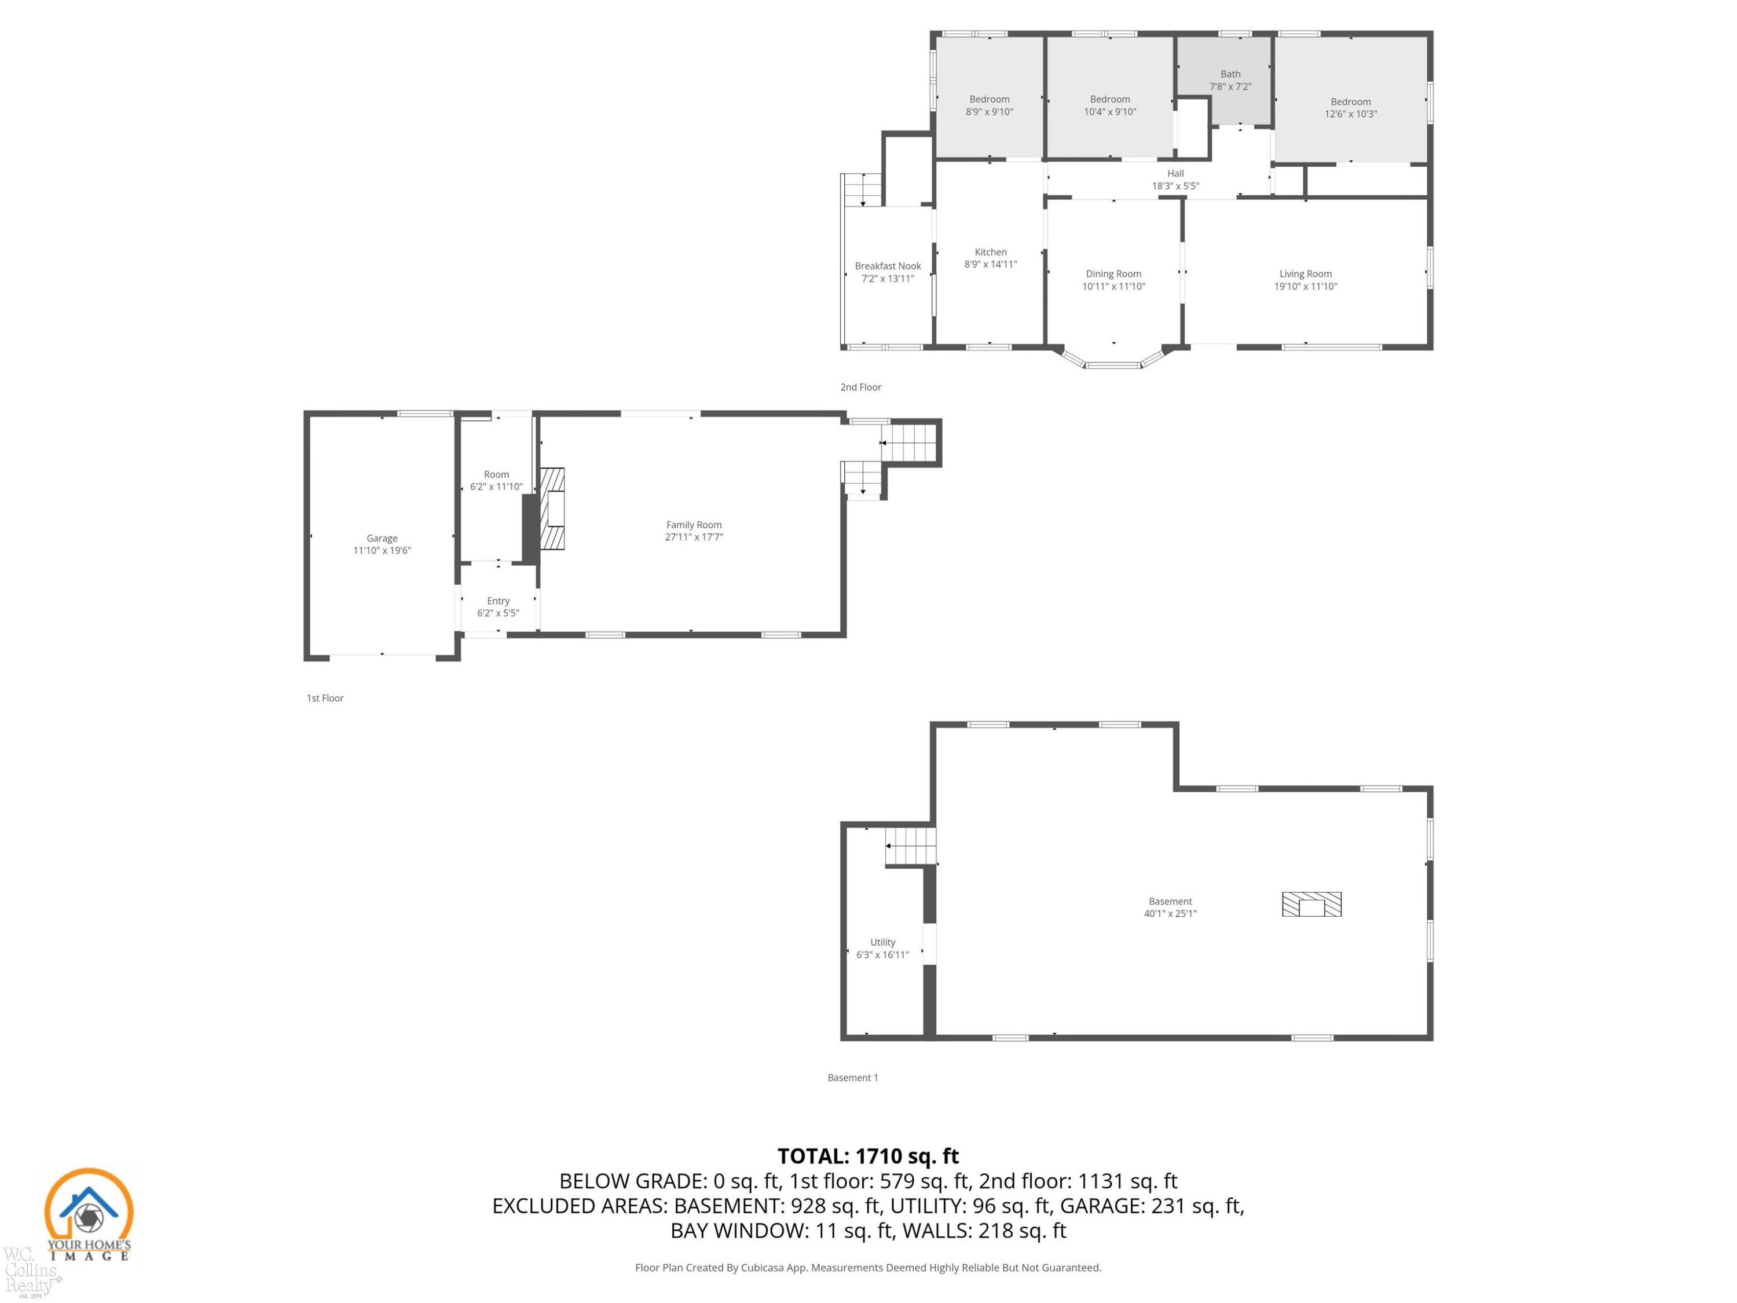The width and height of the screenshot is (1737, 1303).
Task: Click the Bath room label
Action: (x=1230, y=74)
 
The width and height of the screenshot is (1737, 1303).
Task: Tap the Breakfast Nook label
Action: (x=888, y=266)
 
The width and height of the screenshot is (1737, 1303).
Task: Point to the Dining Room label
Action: (x=1113, y=274)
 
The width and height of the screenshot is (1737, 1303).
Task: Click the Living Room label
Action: (x=1305, y=274)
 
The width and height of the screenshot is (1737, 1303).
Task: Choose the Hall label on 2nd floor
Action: (x=1175, y=174)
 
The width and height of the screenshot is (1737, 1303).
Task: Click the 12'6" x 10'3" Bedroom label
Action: (x=1351, y=102)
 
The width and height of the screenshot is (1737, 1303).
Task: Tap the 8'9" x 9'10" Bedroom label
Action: (x=990, y=100)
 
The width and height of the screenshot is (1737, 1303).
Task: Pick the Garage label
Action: (x=382, y=538)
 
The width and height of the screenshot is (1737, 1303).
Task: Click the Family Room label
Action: (x=694, y=525)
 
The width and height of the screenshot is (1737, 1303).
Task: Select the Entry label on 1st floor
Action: (x=498, y=601)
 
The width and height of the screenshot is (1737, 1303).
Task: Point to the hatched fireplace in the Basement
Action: (x=1311, y=904)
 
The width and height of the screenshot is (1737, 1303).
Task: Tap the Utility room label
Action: (x=882, y=942)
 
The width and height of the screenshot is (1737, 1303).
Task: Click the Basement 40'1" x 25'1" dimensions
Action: (x=1170, y=913)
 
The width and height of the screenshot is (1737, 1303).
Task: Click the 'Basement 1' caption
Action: (x=853, y=1078)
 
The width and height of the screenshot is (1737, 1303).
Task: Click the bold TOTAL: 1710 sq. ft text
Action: (x=868, y=1156)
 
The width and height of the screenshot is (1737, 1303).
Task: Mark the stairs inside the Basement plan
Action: (x=911, y=847)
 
